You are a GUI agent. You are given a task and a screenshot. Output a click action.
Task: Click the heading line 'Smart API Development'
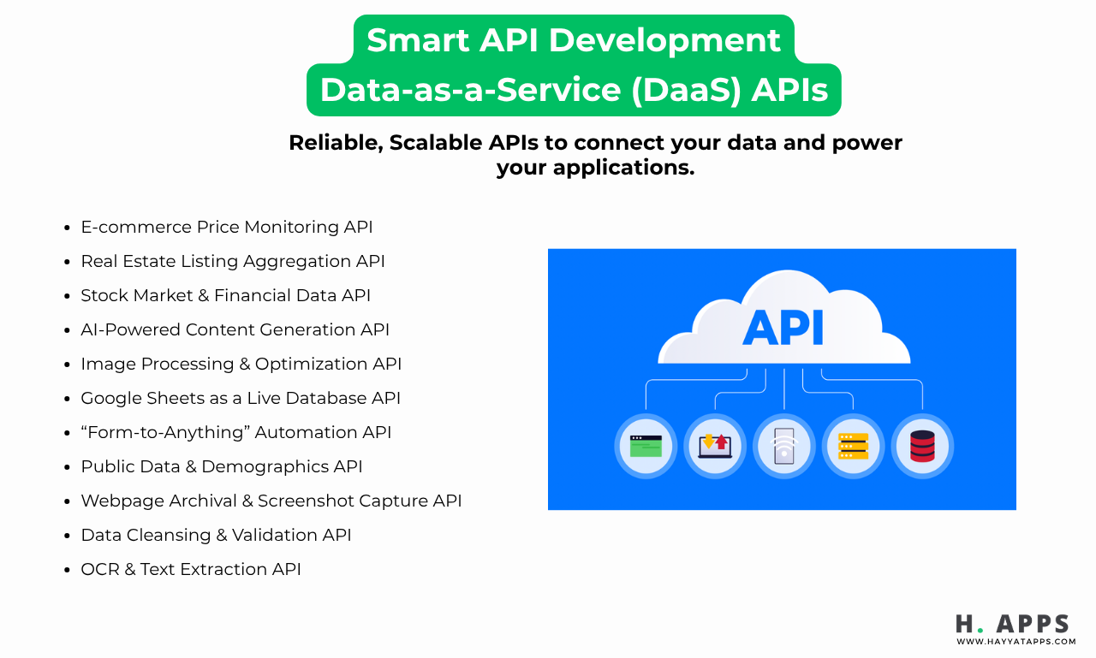574,40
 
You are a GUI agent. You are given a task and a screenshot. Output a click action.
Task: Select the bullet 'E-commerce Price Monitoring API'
227,227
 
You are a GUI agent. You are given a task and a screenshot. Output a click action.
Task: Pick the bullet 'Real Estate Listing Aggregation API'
233,261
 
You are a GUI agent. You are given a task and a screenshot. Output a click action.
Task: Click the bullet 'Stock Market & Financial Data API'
225,295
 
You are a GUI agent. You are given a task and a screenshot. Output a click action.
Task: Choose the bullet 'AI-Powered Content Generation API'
235,329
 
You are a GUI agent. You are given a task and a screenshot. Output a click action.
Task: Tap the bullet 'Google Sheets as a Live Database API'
241,398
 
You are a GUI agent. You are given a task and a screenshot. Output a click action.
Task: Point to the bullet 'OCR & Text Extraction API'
191,569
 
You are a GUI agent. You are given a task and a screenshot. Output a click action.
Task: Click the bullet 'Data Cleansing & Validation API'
216,535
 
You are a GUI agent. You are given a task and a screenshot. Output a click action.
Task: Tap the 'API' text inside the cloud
783,329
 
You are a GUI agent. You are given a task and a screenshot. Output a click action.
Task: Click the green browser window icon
646,446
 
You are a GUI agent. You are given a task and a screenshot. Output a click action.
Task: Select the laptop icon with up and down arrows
714,446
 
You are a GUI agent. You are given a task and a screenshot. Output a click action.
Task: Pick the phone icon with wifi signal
783,446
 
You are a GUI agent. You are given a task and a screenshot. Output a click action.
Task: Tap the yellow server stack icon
853,446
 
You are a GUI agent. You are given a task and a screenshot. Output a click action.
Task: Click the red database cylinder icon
922,446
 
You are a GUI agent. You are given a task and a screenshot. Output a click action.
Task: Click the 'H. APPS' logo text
1013,623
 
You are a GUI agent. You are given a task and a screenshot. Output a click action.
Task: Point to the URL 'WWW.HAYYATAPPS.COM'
1016,641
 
